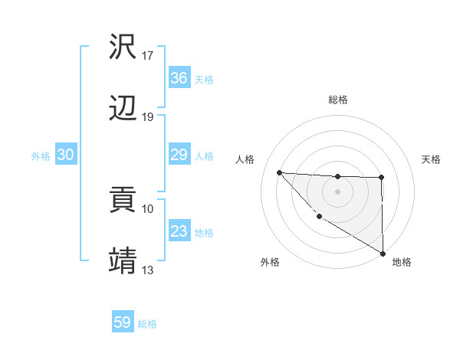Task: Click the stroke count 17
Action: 148,56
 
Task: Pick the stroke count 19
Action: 148,117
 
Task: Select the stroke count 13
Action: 148,270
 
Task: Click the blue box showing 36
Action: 179,78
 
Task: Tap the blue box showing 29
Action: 179,155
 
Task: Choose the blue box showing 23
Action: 179,231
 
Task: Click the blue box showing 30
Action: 66,155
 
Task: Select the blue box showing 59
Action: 123,322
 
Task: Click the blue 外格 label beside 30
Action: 41,155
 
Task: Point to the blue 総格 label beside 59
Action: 147,323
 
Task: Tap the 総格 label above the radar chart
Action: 338,100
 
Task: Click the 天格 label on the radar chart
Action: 432,159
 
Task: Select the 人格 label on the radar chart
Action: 245,159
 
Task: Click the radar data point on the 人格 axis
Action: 279,172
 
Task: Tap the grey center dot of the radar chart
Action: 338,191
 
